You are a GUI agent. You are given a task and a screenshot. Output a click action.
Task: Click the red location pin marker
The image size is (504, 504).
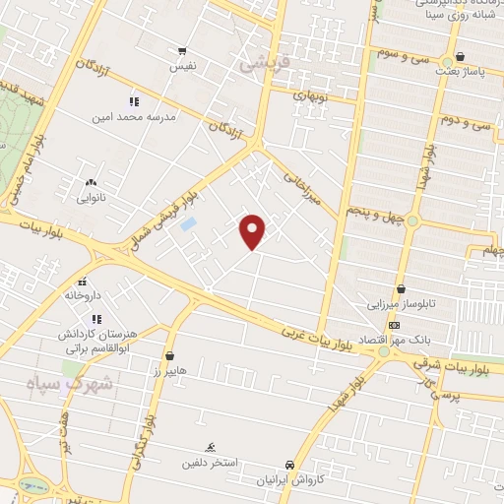[x=253, y=230]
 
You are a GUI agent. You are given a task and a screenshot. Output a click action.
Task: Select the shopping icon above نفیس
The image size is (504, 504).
[x=182, y=51]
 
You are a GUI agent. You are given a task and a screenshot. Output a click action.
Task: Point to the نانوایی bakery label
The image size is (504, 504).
[x=91, y=197]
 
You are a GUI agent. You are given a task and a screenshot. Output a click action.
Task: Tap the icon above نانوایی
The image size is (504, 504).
[x=91, y=182]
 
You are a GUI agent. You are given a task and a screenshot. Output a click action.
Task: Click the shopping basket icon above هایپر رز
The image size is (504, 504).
[x=170, y=355]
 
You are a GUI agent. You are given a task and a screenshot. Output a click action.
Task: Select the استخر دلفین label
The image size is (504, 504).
[x=209, y=461]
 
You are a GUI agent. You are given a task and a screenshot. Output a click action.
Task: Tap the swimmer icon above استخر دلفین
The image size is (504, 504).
[x=209, y=447]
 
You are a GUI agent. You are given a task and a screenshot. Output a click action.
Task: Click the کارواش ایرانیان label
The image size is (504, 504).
[x=288, y=479]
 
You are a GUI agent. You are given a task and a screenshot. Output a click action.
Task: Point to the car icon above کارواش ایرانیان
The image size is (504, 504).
[x=288, y=465]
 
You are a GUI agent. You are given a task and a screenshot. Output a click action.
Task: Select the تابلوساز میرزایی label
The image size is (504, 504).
[x=402, y=304]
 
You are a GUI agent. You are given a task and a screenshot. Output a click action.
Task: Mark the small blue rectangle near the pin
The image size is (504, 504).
[x=188, y=224]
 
